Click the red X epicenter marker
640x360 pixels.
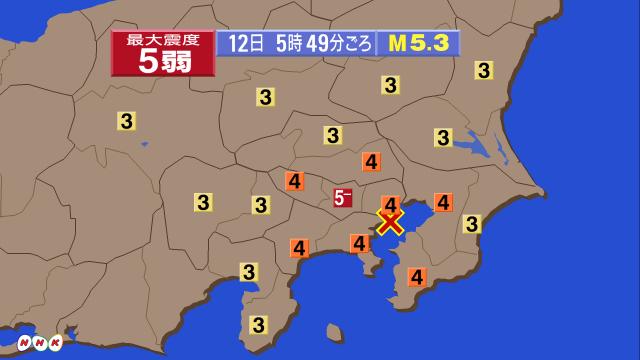point(390,221)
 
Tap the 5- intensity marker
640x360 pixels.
point(342,198)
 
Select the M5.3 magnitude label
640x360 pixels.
point(418,44)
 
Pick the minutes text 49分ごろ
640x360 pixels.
point(340,44)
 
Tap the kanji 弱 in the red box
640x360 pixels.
point(188,60)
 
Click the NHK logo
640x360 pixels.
point(34,342)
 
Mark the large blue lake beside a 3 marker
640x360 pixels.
point(476,150)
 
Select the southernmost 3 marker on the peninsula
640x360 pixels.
point(258,323)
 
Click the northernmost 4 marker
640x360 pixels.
point(371,160)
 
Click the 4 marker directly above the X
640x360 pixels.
point(390,203)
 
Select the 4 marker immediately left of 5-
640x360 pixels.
point(294,181)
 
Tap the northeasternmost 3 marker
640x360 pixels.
point(484,70)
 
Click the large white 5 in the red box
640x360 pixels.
point(146,60)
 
